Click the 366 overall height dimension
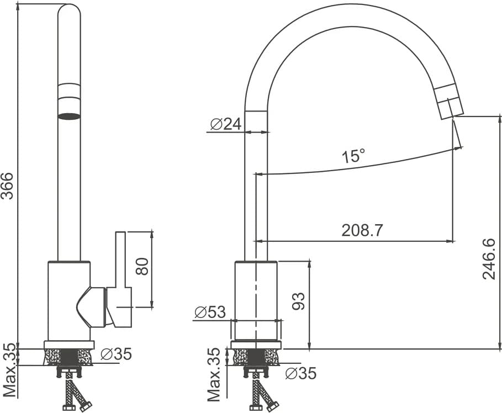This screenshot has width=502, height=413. (x=7, y=186)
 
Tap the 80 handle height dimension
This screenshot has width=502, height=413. (x=142, y=266)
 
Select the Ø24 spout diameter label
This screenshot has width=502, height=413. (x=226, y=124)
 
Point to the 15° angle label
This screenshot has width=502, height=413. (x=353, y=156)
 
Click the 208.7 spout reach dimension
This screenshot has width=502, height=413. (x=362, y=230)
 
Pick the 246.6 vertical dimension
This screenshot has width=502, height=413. (x=489, y=259)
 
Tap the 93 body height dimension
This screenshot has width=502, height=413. (x=298, y=301)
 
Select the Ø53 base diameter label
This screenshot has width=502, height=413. (x=210, y=312)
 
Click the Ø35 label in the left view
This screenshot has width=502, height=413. (x=116, y=354)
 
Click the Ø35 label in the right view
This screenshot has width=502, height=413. (x=300, y=373)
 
